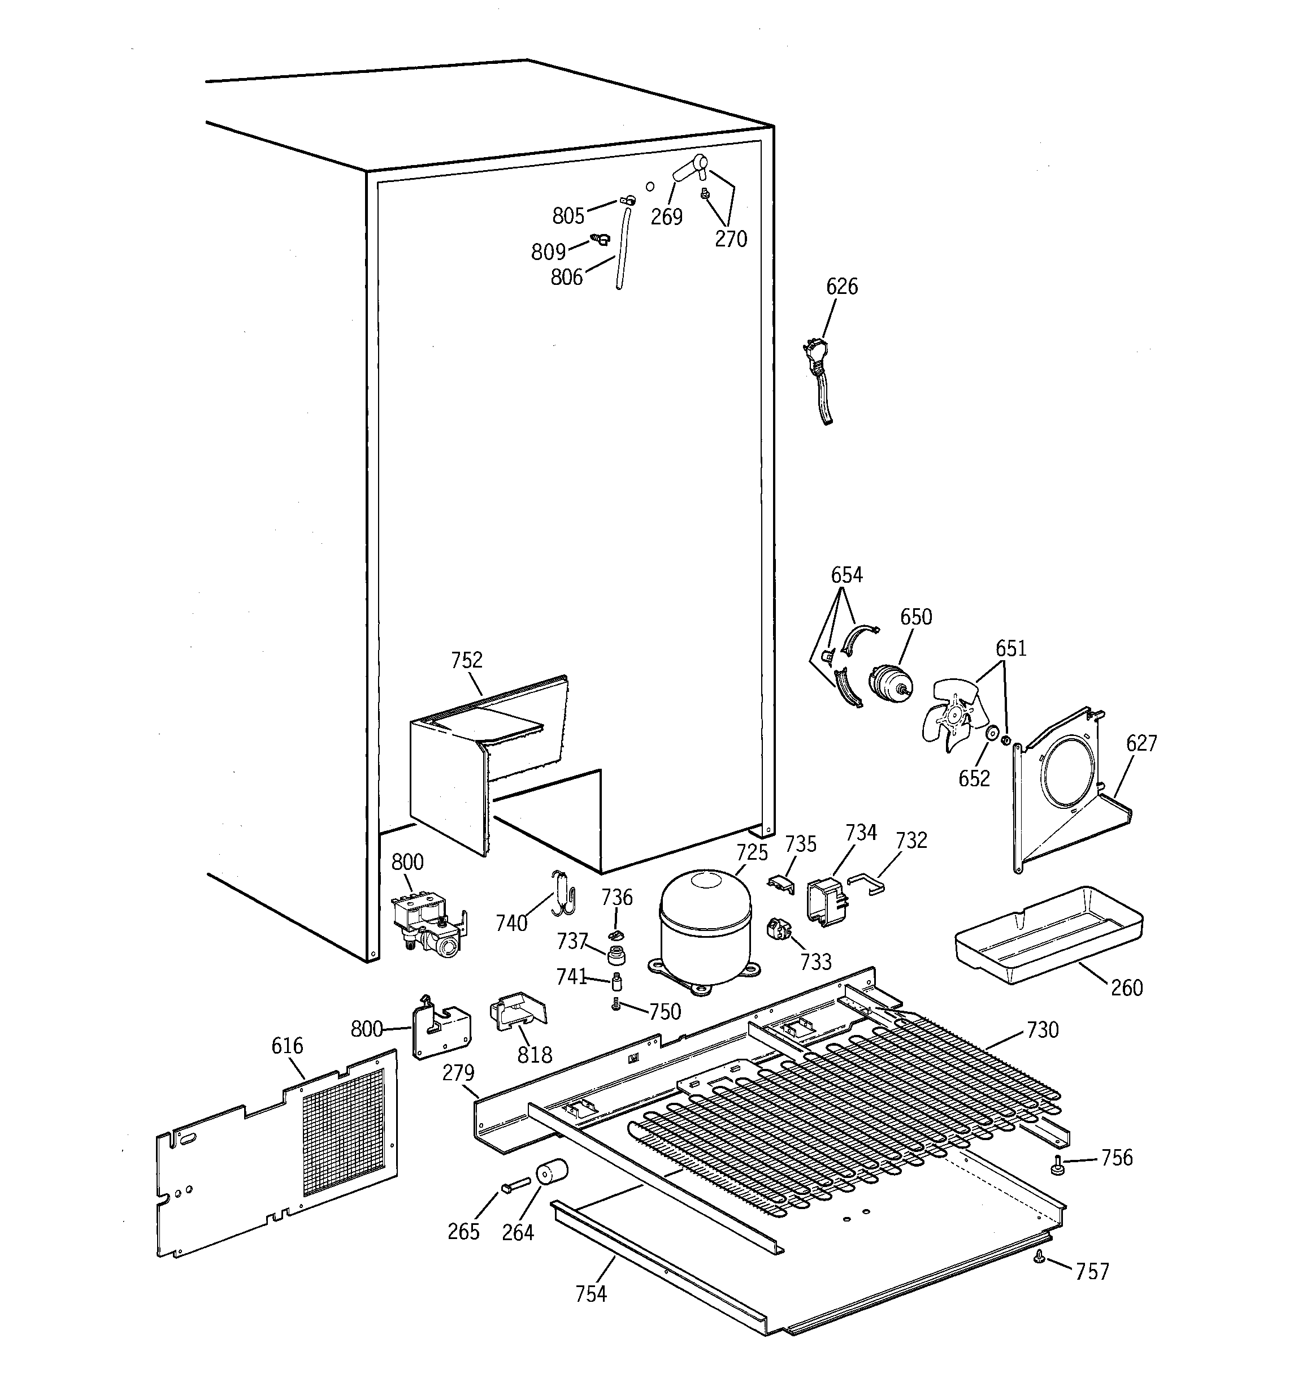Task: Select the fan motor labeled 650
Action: (x=890, y=683)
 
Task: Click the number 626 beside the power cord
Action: (x=841, y=287)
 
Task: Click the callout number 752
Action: (x=467, y=660)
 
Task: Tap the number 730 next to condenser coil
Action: (x=1042, y=1030)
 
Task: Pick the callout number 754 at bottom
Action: (x=591, y=1293)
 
